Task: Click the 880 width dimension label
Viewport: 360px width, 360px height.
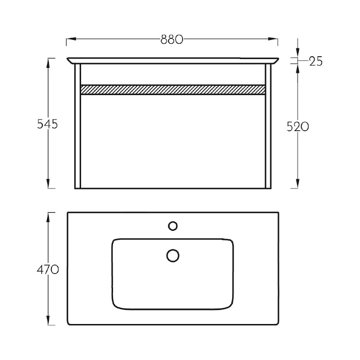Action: coord(172,40)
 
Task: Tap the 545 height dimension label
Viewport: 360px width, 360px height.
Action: coord(47,125)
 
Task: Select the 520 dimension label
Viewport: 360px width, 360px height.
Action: coord(298,127)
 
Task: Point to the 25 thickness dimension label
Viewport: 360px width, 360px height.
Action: coord(316,61)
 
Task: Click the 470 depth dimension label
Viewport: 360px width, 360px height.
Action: coord(48,269)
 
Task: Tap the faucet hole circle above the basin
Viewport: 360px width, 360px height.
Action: coord(173,226)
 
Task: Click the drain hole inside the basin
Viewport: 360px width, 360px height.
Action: coord(173,256)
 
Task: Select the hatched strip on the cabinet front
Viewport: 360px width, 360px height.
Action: coord(173,90)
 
